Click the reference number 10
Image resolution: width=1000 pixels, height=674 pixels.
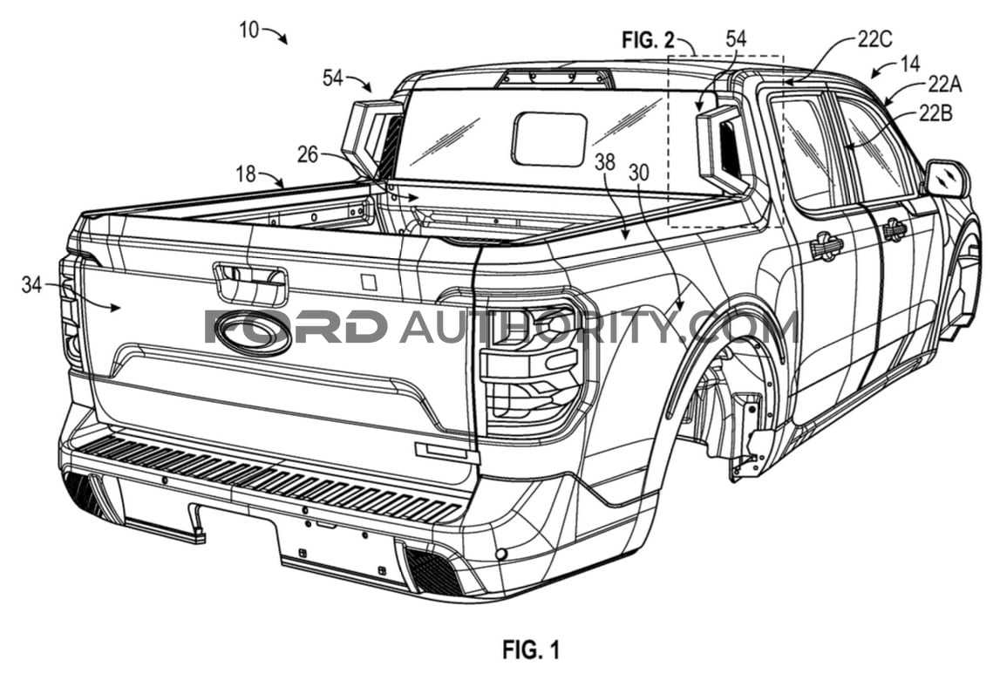249,30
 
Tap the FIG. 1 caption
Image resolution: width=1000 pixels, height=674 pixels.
531,650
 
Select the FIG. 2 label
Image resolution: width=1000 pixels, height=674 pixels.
648,40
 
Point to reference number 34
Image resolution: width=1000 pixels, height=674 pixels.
31,285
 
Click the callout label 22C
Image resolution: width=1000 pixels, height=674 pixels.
874,39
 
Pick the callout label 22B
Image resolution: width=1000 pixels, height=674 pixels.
935,112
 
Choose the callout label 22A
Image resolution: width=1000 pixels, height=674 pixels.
944,84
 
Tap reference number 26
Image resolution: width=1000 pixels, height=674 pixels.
308,153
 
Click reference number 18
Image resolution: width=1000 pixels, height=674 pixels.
246,174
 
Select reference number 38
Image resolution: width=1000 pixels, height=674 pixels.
604,162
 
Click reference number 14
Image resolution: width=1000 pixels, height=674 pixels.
910,63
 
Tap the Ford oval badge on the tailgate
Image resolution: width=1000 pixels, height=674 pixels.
253,333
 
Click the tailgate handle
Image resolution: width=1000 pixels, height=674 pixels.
251,281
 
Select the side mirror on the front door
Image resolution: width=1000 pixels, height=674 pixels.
947,179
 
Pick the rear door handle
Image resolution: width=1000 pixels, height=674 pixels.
827,246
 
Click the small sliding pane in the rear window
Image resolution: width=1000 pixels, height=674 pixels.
549,139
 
